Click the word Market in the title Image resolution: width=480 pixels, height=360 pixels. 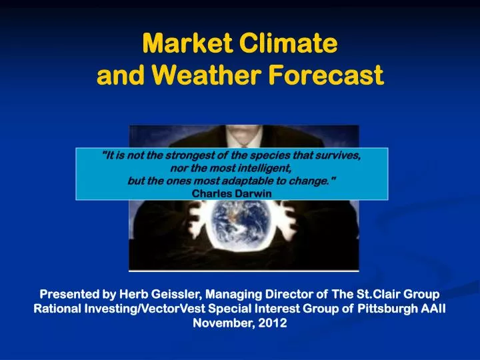[x=187, y=43]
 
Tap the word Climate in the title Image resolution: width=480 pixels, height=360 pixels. [x=289, y=43]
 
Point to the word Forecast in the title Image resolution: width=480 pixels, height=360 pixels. [x=326, y=75]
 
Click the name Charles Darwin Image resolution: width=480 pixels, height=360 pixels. [x=232, y=193]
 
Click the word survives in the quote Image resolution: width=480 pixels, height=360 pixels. [x=338, y=155]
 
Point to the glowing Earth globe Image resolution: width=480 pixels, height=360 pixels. [x=240, y=225]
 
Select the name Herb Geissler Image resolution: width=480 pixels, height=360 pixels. [x=159, y=294]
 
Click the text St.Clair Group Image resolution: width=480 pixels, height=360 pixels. [x=398, y=294]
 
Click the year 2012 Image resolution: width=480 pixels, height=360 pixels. [x=273, y=323]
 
